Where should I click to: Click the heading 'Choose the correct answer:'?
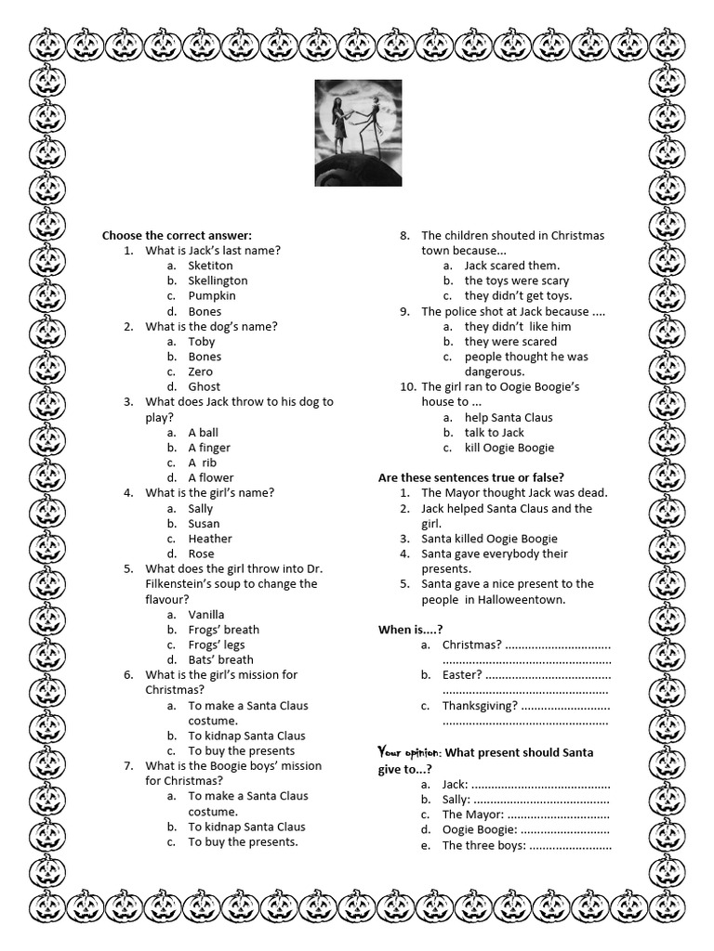tap(177, 235)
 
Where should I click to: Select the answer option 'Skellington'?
tap(218, 280)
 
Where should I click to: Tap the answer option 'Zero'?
tap(201, 371)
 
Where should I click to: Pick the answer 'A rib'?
tap(203, 462)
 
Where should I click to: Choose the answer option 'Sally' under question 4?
tap(201, 508)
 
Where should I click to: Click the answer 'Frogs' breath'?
tap(223, 630)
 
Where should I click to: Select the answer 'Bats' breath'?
tap(220, 660)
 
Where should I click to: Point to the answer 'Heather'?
tap(210, 539)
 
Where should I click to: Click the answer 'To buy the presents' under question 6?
tap(241, 750)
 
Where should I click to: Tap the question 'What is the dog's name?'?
tap(211, 326)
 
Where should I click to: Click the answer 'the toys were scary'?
tap(517, 280)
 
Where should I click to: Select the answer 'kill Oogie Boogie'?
tap(509, 448)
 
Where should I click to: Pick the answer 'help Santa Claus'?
tap(509, 417)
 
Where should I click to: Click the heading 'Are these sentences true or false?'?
tap(470, 477)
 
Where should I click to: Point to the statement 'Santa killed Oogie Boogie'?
tap(489, 539)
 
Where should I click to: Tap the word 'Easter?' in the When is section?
tap(462, 675)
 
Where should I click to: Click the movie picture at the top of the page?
tap(358, 132)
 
